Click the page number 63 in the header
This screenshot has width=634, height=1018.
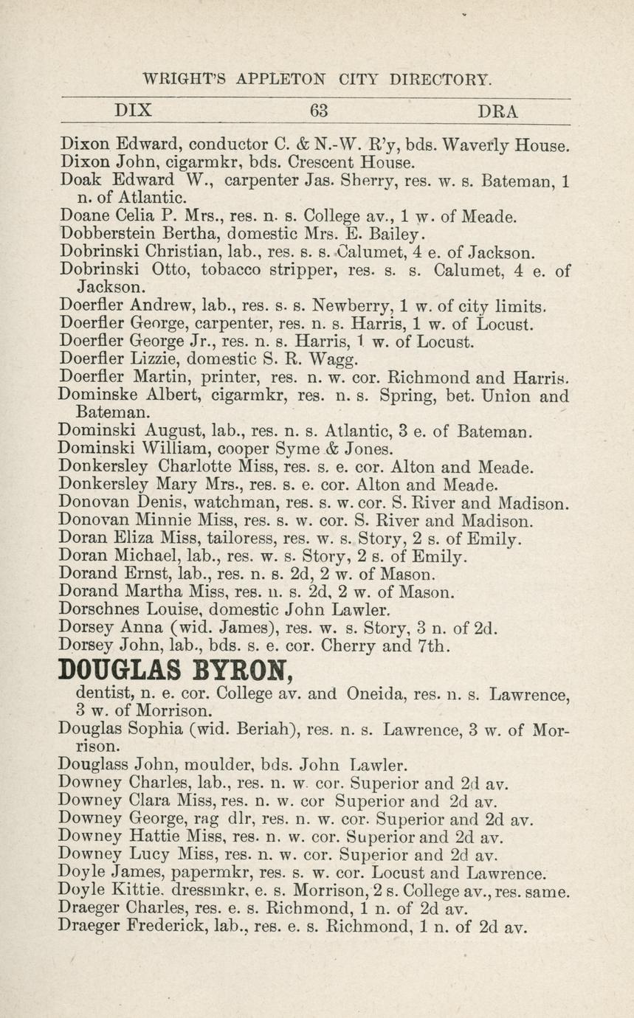click(319, 111)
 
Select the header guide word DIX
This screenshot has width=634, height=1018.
click(134, 111)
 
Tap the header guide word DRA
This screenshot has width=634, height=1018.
click(498, 111)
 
